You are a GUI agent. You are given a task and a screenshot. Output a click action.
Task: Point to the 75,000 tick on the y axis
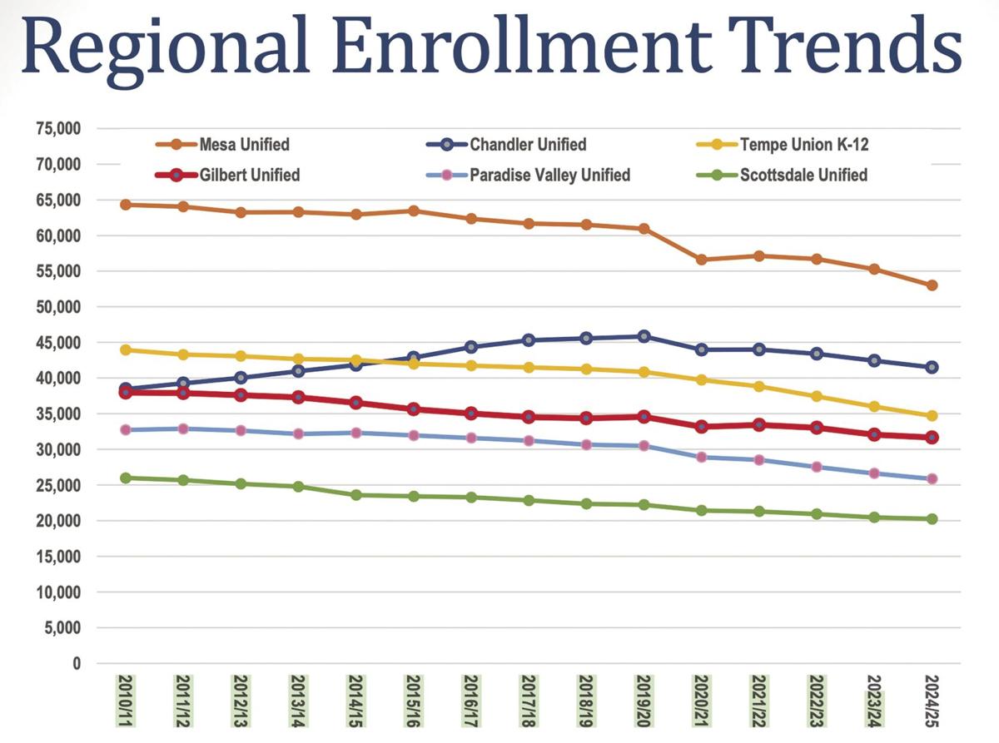tap(57, 129)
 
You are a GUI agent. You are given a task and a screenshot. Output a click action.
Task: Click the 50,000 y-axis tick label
tap(57, 307)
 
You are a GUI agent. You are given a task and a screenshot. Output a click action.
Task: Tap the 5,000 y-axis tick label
tap(63, 628)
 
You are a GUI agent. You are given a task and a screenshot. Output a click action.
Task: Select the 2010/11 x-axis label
tap(126, 699)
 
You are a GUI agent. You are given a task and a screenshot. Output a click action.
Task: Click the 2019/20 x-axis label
tap(644, 699)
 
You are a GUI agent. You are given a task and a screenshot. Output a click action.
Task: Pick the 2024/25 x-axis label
tap(931, 699)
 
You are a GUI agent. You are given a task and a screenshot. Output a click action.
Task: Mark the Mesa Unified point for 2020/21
tap(701, 260)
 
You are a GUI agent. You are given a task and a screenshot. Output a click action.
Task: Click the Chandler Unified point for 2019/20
tap(644, 336)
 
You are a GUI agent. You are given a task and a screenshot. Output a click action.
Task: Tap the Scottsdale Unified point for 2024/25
tap(932, 519)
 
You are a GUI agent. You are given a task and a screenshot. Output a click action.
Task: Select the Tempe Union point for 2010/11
tap(126, 349)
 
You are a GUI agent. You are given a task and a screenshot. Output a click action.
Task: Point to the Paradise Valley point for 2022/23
tap(817, 467)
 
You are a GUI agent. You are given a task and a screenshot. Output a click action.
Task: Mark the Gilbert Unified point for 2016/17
tap(471, 414)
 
